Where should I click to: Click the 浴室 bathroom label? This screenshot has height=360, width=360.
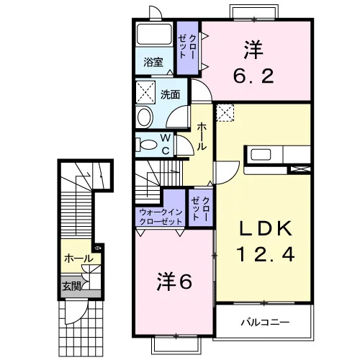pyautogui.click(x=153, y=63)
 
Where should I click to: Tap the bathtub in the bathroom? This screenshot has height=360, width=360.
pyautogui.click(x=154, y=34)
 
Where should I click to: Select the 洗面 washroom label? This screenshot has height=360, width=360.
pyautogui.click(x=170, y=94)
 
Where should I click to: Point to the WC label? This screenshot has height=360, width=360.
pyautogui.click(x=166, y=144)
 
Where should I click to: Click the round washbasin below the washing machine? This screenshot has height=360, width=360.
pyautogui.click(x=145, y=117)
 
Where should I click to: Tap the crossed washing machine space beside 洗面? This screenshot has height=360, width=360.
pyautogui.click(x=145, y=92)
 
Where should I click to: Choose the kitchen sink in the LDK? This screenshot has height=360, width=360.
pyautogui.click(x=261, y=154)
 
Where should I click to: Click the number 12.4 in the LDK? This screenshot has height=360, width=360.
pyautogui.click(x=266, y=254)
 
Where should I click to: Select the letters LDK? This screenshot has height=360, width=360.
pyautogui.click(x=266, y=229)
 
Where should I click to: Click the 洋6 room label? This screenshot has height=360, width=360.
pyautogui.click(x=174, y=282)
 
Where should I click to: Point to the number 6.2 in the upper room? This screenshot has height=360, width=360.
pyautogui.click(x=253, y=76)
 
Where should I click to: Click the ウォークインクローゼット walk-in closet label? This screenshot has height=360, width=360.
pyautogui.click(x=161, y=217)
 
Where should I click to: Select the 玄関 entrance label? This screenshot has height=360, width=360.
pyautogui.click(x=71, y=286)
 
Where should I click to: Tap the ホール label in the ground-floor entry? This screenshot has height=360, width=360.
pyautogui.click(x=78, y=258)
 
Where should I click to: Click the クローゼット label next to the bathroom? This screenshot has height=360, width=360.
pyautogui.click(x=187, y=47)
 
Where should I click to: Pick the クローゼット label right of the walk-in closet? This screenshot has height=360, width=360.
pyautogui.click(x=201, y=208)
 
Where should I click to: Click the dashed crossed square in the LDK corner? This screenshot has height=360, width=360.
pyautogui.click(x=225, y=113)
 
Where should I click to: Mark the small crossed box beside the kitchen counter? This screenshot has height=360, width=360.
pyautogui.click(x=300, y=169)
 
